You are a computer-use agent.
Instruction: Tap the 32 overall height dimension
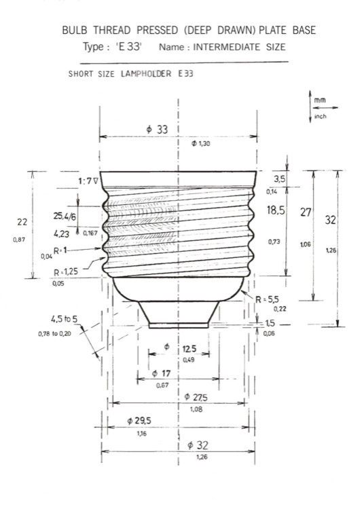coord(330,221)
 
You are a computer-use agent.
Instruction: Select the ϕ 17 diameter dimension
coord(162,373)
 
